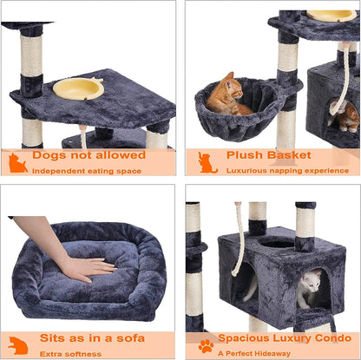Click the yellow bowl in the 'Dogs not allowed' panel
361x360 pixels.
click(78, 88)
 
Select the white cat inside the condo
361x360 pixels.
click(309, 289)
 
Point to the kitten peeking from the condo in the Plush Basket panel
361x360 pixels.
click(346, 115)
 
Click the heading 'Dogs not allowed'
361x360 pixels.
click(89, 155)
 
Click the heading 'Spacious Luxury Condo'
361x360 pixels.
click(287, 338)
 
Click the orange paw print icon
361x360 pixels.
click(206, 345)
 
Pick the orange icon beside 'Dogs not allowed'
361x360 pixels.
click(17, 162)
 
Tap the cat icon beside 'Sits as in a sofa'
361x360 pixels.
click(17, 344)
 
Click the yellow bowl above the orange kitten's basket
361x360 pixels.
click(331, 15)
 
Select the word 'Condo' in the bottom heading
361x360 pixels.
click(333, 338)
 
